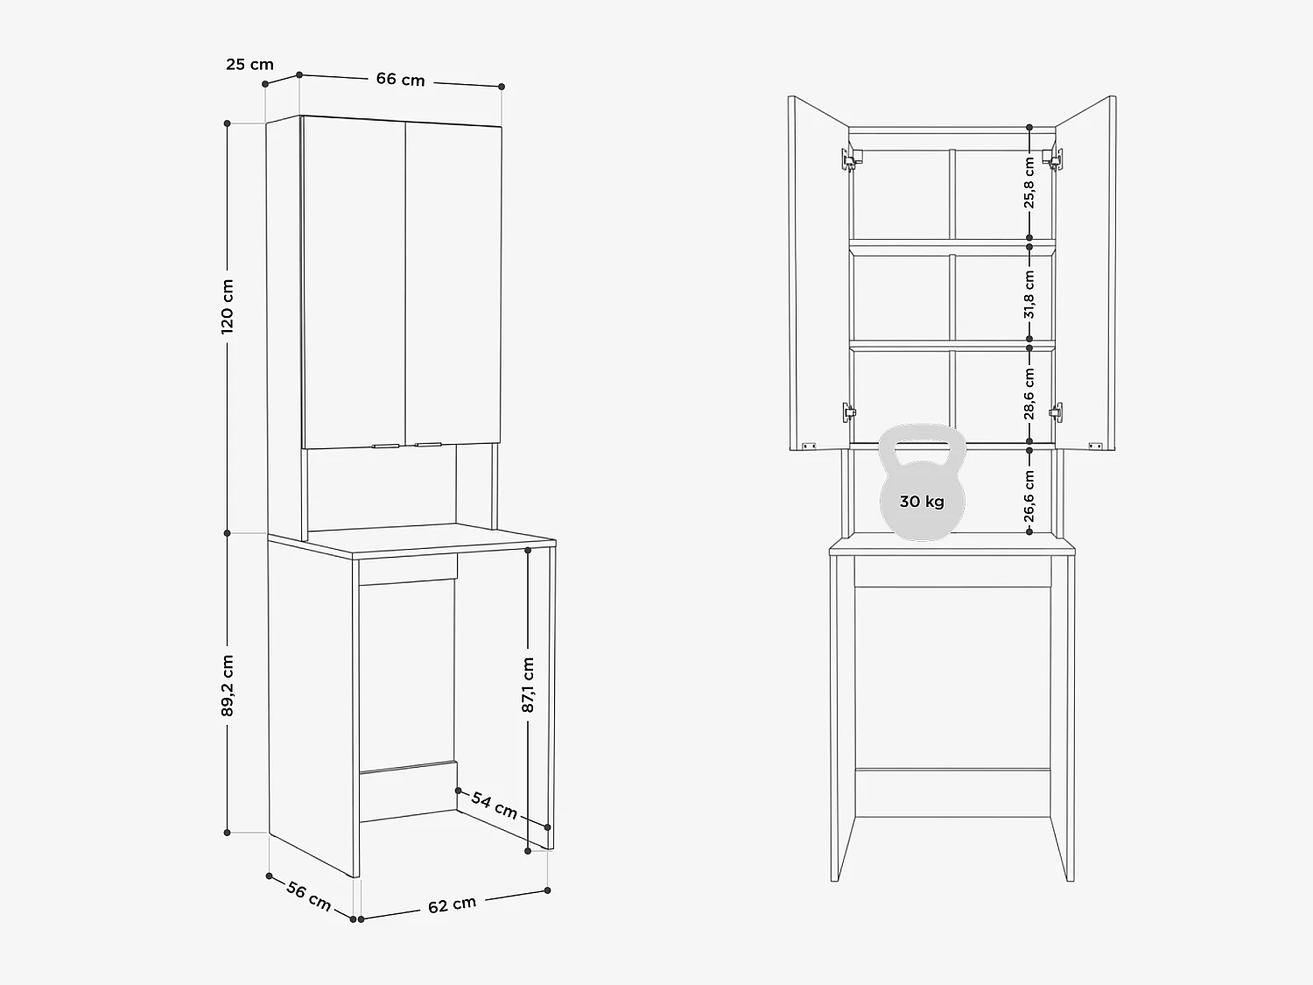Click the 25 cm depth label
[249, 64]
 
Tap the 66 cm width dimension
[400, 80]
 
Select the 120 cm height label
[228, 306]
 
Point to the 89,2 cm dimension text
[228, 686]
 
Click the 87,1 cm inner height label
[528, 684]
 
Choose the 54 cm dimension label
[495, 804]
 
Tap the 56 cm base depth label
[308, 896]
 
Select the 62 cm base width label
[452, 905]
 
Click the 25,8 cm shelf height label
[1029, 182]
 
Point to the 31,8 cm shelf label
[1029, 293]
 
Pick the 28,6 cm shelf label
[1029, 393]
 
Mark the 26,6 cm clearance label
[1029, 496]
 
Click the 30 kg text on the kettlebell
[922, 502]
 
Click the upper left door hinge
[848, 157]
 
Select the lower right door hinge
[1057, 410]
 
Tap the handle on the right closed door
[428, 445]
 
